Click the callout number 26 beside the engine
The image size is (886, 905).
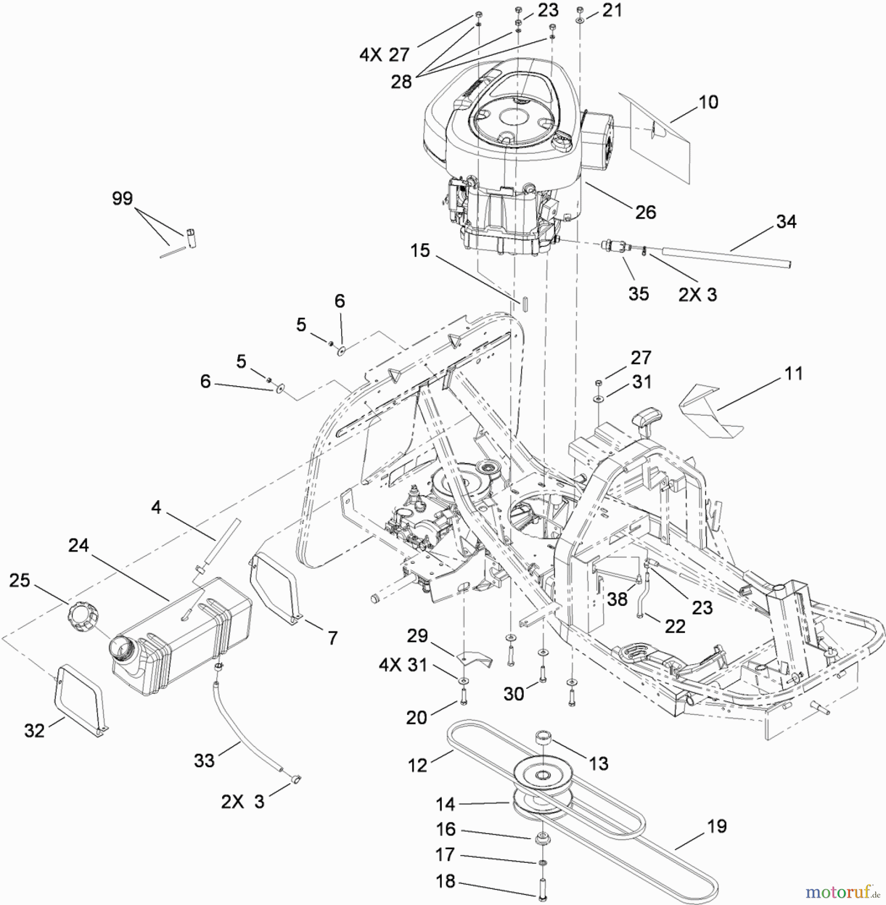[645, 212]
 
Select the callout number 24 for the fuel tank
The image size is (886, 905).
[78, 545]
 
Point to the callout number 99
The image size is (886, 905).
[122, 198]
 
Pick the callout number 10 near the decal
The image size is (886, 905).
[709, 102]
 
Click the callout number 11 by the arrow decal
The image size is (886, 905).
[794, 374]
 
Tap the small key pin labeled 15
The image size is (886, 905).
[524, 305]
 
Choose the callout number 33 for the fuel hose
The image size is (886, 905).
[205, 761]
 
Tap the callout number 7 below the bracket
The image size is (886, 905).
[332, 638]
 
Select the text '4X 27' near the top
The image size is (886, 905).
[384, 54]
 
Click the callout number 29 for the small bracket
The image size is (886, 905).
[417, 636]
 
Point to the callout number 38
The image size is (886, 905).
[617, 599]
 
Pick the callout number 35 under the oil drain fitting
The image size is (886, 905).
[638, 294]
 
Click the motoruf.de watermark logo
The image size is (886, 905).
[842, 891]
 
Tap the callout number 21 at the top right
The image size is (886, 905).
[612, 10]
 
